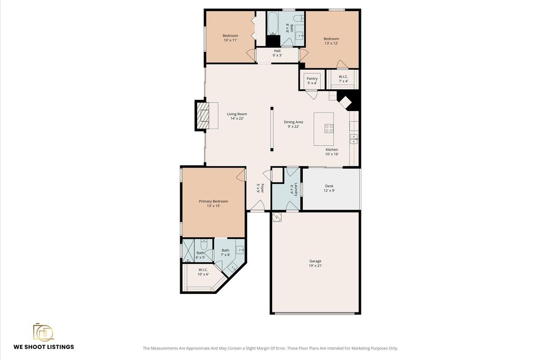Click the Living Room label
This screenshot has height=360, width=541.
[x=237, y=116]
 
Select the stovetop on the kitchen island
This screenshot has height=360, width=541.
[x=329, y=129]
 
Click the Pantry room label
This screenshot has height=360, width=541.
[x=312, y=81]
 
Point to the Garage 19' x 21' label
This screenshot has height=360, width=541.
[x=315, y=264]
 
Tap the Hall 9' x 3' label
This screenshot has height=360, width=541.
[x=277, y=53]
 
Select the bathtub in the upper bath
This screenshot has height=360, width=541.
[x=273, y=23]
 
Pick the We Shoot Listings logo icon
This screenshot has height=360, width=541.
[x=43, y=333]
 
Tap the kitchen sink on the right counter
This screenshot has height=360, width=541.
[x=353, y=139]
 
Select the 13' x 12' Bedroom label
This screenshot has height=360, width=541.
[x=331, y=41]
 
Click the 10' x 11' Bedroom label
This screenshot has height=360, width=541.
[x=230, y=38]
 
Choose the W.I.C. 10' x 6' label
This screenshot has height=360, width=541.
[x=203, y=272]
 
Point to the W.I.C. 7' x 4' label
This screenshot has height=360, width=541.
[x=343, y=79]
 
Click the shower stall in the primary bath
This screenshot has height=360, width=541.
[x=189, y=251]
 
